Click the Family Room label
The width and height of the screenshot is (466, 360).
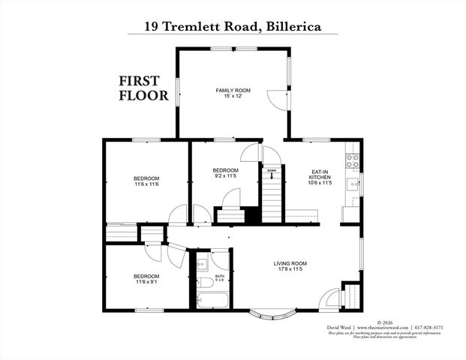[x=233, y=91]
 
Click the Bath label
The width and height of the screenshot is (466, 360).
[x=219, y=276]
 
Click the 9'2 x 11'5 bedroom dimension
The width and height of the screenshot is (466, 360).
[x=225, y=176]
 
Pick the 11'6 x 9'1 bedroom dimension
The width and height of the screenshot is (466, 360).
[x=146, y=281]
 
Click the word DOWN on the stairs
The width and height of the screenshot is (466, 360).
[x=271, y=171]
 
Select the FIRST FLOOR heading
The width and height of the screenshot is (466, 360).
[x=140, y=89]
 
